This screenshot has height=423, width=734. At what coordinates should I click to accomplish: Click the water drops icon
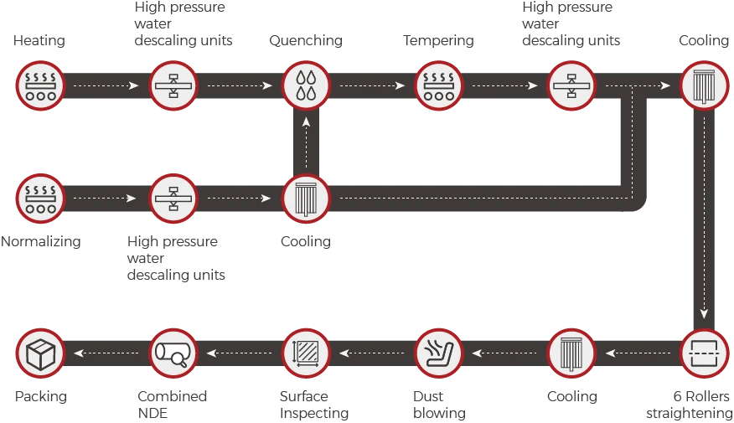coord(306,85)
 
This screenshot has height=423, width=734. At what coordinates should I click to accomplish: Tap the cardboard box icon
coord(39,353)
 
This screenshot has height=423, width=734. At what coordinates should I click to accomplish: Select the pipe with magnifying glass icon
coord(173,353)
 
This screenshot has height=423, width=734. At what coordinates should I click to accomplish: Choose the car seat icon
coord(438,353)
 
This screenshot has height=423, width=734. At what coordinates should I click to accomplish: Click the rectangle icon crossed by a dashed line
coord(704,353)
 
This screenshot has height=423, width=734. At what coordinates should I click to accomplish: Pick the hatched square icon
coord(306,353)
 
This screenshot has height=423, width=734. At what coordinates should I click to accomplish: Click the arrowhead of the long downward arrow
coord(704,314)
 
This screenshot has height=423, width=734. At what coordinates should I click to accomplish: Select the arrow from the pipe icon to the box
coord(106,353)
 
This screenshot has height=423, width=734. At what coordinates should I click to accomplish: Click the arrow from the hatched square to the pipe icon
coord(240,353)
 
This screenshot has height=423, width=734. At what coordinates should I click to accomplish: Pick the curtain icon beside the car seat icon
coord(571,353)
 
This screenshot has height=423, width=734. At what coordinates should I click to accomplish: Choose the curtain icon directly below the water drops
coord(306,199)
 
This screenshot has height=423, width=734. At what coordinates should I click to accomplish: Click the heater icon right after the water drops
coord(438,85)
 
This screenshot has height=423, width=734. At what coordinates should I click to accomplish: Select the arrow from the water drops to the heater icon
coord(372,85)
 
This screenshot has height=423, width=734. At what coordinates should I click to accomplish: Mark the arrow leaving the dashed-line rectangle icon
coord(638,353)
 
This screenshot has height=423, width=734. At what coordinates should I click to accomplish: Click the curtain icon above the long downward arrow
coord(704,85)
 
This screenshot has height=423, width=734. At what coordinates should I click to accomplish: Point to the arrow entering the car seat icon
coord(504,353)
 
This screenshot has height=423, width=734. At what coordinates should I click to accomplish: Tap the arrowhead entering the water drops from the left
coord(268,85)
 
